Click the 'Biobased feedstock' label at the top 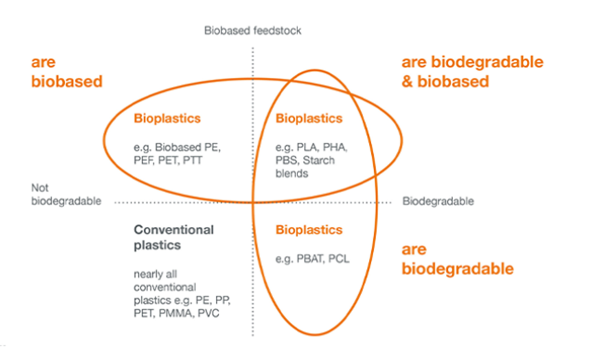(x=253, y=30)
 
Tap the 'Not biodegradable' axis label (x=66, y=194)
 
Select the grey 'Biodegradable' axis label (x=438, y=201)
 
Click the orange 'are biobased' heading (x=67, y=72)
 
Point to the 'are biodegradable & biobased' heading (x=472, y=72)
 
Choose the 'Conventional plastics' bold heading (x=173, y=237)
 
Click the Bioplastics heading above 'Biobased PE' (x=167, y=118)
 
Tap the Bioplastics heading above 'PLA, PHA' (x=309, y=118)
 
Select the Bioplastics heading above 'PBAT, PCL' (x=309, y=230)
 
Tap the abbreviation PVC (x=208, y=313)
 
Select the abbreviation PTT (x=192, y=160)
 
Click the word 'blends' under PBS (x=292, y=174)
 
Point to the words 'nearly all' (x=155, y=274)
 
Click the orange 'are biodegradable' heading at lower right (x=457, y=259)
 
